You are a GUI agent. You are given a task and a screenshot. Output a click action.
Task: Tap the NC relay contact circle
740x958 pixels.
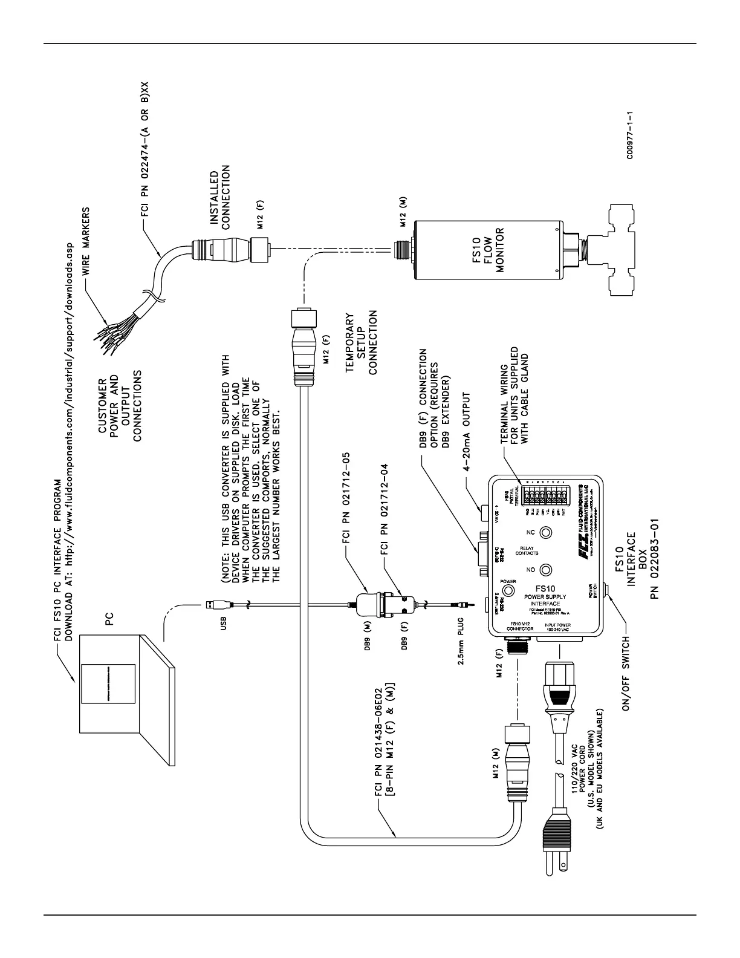pos(546,532)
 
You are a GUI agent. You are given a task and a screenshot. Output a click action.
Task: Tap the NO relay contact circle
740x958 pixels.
pos(546,570)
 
